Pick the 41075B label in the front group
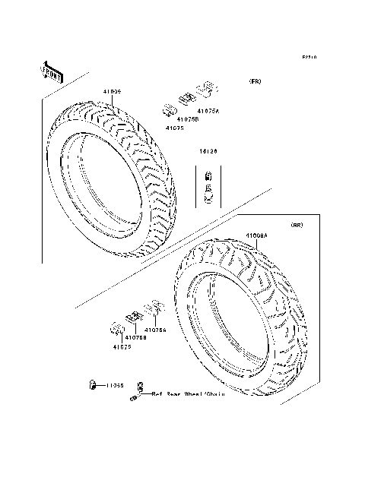[188, 119]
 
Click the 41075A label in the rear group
[155, 330]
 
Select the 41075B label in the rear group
[136, 337]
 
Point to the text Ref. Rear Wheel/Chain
[186, 395]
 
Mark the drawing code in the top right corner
[309, 57]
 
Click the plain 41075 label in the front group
[175, 128]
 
